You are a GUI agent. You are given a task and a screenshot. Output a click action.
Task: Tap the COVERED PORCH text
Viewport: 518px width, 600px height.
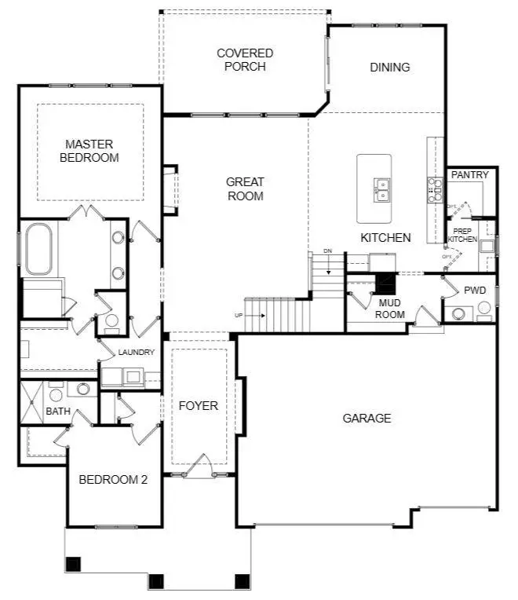pyautogui.click(x=245, y=60)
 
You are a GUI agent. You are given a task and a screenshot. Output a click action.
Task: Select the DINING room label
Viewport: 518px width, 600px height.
pyautogui.click(x=390, y=68)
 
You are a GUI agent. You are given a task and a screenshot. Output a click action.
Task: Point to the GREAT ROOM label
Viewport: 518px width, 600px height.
pyautogui.click(x=245, y=189)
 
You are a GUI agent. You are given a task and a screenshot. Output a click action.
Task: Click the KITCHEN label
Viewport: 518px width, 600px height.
pyautogui.click(x=385, y=237)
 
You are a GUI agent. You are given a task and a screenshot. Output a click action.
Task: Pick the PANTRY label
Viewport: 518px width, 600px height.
pyautogui.click(x=470, y=175)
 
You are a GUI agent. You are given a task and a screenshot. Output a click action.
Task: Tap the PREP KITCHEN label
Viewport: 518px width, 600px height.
pyautogui.click(x=462, y=235)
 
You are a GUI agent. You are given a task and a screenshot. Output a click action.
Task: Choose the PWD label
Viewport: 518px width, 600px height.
pyautogui.click(x=475, y=291)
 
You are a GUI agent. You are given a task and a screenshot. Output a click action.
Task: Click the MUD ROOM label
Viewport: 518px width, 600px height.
pyautogui.click(x=391, y=309)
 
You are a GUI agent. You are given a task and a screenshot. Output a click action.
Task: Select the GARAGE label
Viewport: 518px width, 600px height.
pyautogui.click(x=367, y=419)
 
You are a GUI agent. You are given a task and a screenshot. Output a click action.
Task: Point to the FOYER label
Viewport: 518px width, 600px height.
pyautogui.click(x=198, y=406)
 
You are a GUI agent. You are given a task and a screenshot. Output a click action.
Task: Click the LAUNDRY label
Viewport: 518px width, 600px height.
pyautogui.click(x=137, y=353)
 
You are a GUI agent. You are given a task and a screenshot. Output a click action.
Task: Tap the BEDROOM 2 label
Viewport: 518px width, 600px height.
pyautogui.click(x=113, y=480)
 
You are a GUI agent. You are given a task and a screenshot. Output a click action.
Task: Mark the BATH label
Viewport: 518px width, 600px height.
pyautogui.click(x=58, y=412)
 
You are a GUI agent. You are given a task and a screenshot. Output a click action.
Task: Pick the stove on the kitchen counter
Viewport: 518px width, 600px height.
pyautogui.click(x=434, y=189)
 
